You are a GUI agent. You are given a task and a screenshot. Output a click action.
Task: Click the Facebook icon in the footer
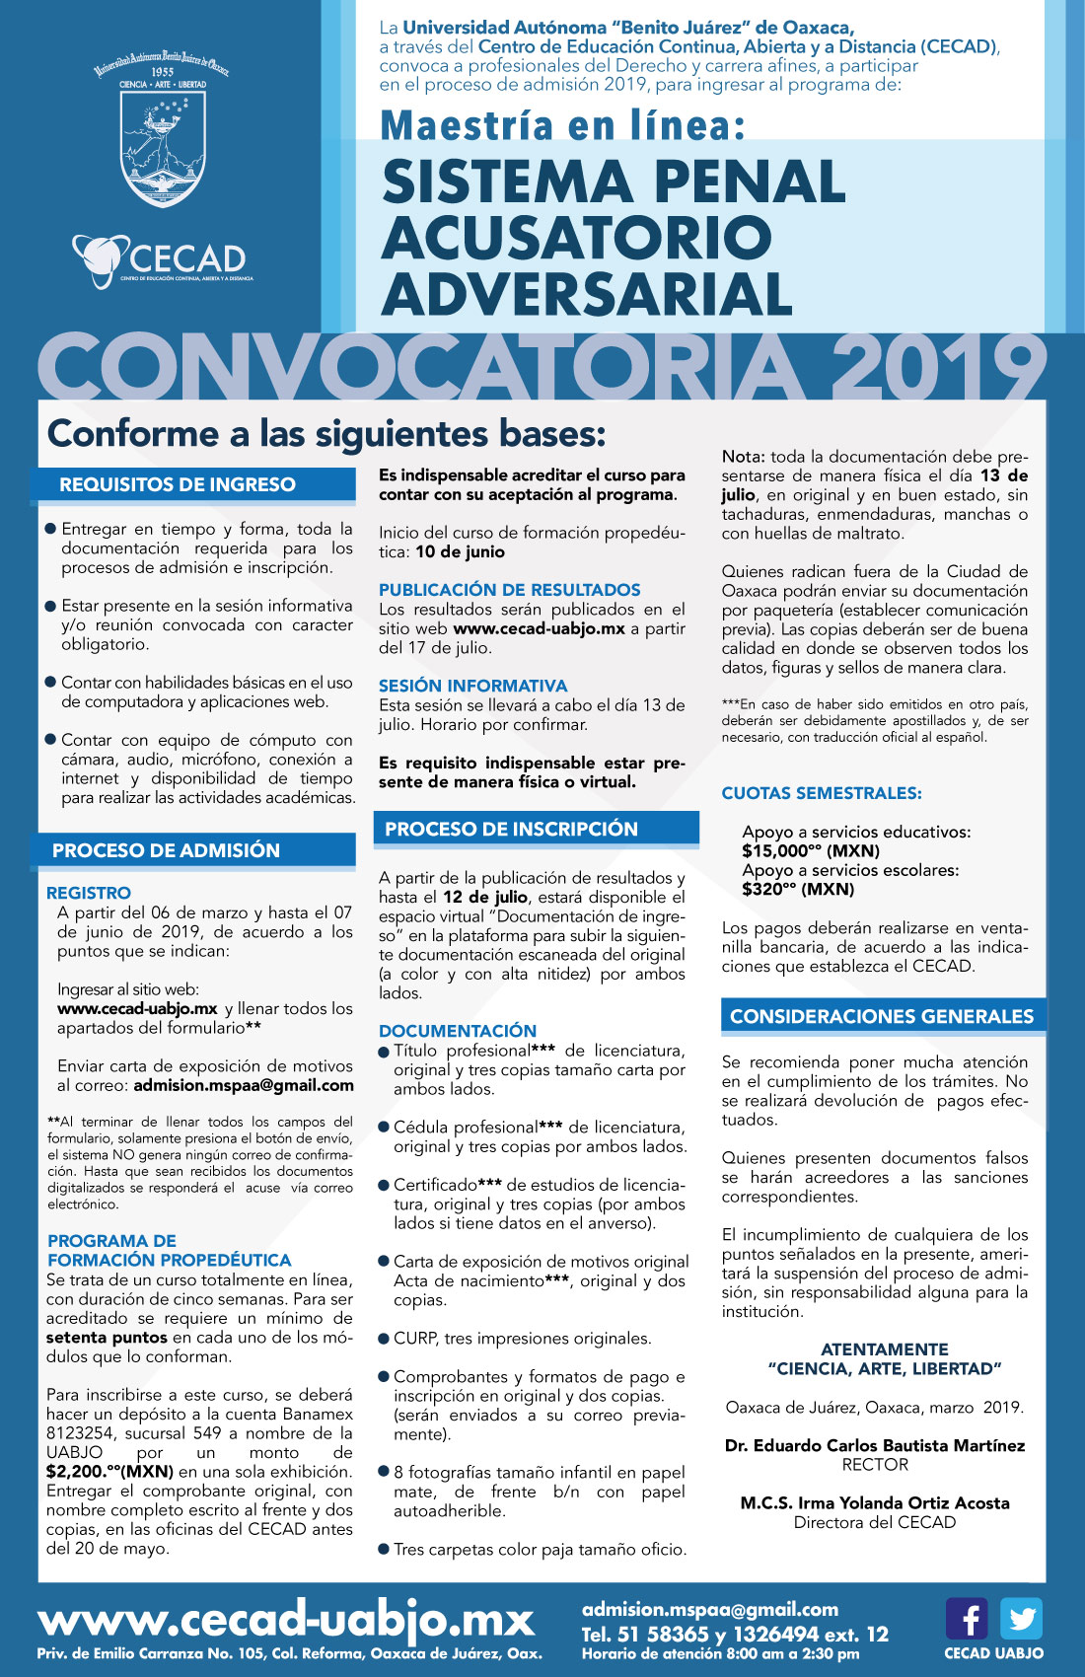967,1619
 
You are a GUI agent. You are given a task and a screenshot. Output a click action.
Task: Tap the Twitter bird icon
1021,1619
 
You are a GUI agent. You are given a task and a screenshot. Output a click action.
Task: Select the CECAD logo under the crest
163,260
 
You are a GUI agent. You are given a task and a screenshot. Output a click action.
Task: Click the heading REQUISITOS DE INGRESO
178,484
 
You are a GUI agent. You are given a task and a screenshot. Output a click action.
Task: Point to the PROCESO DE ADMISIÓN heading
166,850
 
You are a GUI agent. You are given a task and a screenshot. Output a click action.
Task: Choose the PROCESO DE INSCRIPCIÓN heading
511,829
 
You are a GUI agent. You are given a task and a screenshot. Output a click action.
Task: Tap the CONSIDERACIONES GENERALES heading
882,1016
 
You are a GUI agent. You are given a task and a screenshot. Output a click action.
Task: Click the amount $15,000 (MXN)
811,850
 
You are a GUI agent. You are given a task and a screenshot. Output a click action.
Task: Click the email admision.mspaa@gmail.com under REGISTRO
244,1085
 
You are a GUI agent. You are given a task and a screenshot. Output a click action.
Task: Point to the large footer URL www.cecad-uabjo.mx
286,1620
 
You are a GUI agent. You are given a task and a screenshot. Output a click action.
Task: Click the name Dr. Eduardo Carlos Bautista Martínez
875,1445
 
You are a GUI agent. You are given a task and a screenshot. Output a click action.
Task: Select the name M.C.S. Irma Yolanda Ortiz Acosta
875,1502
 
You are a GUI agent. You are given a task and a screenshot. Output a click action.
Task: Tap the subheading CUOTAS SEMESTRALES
822,793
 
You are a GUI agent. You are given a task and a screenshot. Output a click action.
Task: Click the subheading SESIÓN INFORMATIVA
473,686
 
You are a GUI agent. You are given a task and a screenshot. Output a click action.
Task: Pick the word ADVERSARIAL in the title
587,294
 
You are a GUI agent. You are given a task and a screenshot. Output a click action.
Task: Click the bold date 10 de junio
460,551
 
